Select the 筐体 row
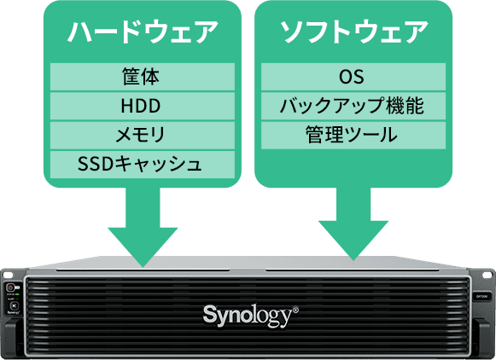[x=139, y=78]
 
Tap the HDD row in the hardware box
[x=139, y=107]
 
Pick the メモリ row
[x=139, y=135]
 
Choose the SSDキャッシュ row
[x=139, y=163]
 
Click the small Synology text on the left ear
[x=13, y=313]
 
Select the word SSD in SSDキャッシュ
[x=92, y=163]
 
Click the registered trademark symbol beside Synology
[x=295, y=309]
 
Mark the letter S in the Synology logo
[x=209, y=313]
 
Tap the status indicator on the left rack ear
[x=12, y=288]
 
